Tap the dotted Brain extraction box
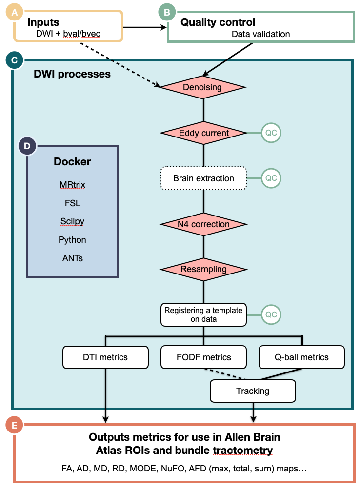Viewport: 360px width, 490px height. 204,178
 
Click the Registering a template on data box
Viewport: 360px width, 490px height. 203,314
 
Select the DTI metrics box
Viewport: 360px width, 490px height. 105,357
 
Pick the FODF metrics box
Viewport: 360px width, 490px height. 203,357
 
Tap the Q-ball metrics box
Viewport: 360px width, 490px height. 301,357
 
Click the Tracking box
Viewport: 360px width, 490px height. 253,391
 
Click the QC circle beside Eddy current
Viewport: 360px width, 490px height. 271,133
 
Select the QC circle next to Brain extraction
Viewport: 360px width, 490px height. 271,178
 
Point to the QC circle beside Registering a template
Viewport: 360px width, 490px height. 271,314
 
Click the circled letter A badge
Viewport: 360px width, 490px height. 14,13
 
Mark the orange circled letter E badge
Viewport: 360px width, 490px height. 14,426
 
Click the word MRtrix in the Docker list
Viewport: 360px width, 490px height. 72,184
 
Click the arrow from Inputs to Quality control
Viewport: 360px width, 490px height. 144,27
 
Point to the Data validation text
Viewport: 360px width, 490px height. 260,34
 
